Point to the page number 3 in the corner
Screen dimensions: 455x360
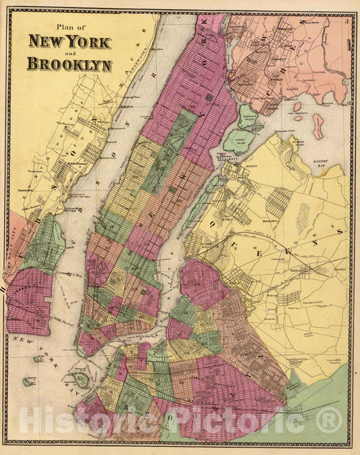pyautogui.click(x=345, y=22)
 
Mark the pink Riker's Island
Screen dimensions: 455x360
pyautogui.click(x=317, y=126)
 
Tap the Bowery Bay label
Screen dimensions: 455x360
pyautogui.click(x=322, y=165)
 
